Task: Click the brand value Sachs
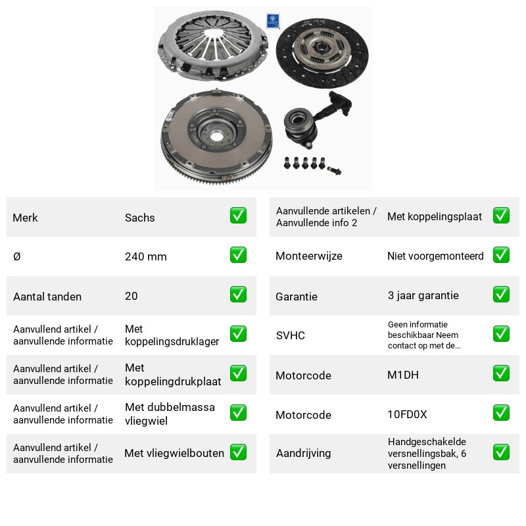point(139,218)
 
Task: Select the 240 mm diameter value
point(145,256)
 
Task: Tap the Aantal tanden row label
point(47,297)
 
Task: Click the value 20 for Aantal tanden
point(131,296)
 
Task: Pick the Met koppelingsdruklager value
point(172,335)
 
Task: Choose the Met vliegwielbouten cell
point(174,453)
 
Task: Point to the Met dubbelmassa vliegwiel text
point(170,414)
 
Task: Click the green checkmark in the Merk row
point(238,216)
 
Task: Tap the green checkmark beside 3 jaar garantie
point(501,295)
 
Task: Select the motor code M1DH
point(403,375)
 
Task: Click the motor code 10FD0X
point(407,414)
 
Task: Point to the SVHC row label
point(290,335)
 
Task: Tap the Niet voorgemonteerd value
point(435,256)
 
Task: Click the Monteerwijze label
point(309,256)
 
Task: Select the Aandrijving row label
point(303,453)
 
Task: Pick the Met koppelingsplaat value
point(435,217)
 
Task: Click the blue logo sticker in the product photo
point(273,21)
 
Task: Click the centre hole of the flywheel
point(216,137)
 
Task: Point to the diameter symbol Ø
point(17,256)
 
